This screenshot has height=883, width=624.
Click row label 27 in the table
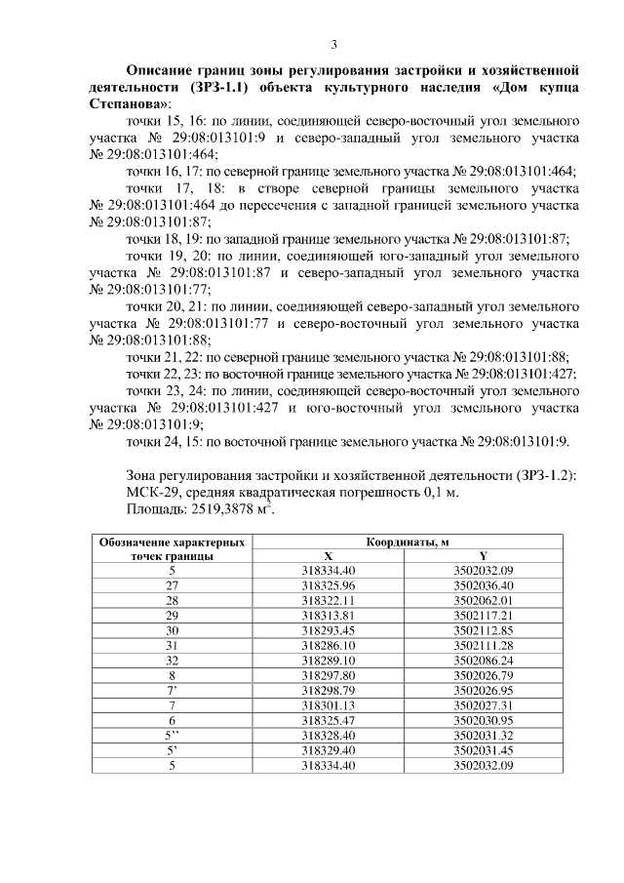click(173, 584)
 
